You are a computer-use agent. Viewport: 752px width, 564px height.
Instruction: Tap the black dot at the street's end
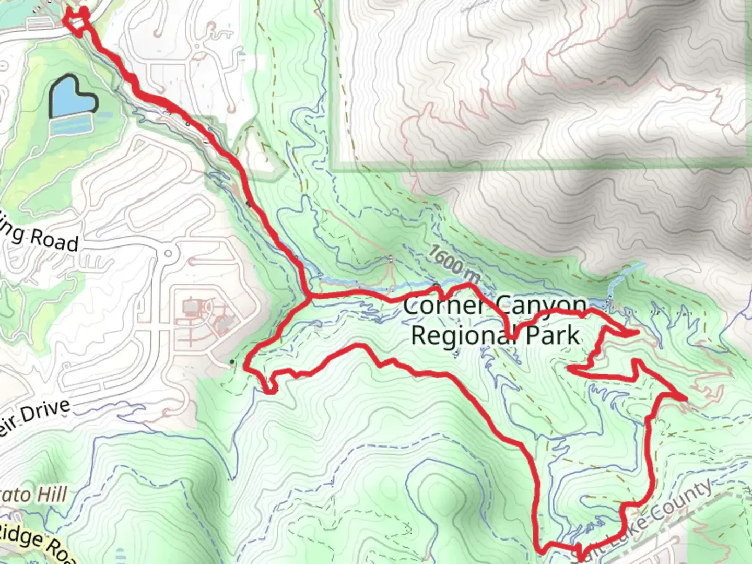[x=232, y=362]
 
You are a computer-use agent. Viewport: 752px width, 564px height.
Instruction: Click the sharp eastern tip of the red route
[x=684, y=398]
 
